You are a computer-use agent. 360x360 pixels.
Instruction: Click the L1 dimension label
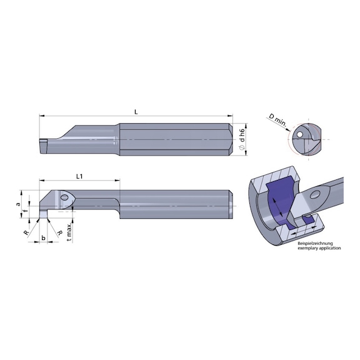click(81, 177)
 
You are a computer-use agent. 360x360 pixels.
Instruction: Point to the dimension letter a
click(19, 204)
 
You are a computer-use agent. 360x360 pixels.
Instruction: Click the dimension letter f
click(25, 213)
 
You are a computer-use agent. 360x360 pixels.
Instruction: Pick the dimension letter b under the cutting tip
click(42, 239)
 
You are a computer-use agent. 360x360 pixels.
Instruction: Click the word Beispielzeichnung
click(318, 242)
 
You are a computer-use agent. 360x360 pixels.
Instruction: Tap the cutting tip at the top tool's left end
click(42, 143)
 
